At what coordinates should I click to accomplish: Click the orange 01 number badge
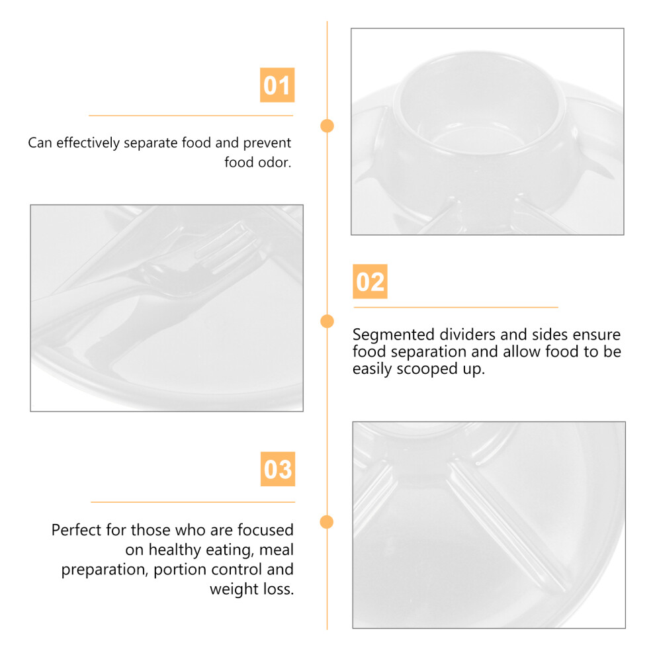[277, 85]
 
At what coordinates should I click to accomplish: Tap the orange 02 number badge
[370, 281]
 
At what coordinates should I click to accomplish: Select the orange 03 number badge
[278, 468]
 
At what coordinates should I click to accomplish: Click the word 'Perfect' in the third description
[77, 530]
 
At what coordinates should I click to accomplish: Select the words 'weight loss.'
[252, 589]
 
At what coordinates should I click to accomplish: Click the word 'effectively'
[88, 143]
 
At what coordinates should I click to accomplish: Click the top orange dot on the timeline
[327, 126]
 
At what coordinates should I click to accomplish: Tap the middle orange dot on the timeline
[327, 322]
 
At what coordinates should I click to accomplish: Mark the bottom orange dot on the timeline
[327, 522]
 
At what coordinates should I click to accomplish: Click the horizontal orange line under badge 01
[191, 116]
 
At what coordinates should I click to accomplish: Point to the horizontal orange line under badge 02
[456, 308]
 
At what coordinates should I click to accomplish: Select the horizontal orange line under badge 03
[193, 502]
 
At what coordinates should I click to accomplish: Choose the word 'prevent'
[267, 144]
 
